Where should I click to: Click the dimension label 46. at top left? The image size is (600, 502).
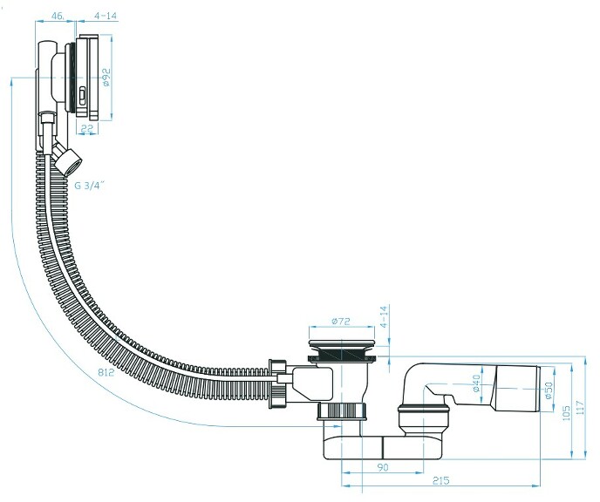58,16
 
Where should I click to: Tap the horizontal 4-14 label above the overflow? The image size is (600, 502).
106,16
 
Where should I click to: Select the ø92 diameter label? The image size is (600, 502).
106,77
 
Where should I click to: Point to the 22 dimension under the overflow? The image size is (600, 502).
87,128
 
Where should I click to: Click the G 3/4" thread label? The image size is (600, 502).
90,186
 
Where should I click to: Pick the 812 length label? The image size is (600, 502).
106,371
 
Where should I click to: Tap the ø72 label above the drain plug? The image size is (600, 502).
341,321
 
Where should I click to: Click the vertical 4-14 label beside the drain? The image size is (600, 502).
385,316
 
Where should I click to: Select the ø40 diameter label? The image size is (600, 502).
476,383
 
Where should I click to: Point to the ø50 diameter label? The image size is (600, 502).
549,390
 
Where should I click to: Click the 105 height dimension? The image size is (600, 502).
567,413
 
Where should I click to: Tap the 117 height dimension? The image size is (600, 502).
581,408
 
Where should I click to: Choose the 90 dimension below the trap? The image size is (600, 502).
383,467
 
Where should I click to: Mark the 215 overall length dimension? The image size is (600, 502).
440,480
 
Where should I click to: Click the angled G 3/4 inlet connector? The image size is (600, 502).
66,159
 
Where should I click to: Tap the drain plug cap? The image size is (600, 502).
342,344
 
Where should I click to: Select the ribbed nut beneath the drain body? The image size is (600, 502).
342,411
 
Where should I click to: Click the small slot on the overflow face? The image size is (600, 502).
82,96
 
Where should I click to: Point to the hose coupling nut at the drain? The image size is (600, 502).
278,383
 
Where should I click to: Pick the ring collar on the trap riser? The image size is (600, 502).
423,411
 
